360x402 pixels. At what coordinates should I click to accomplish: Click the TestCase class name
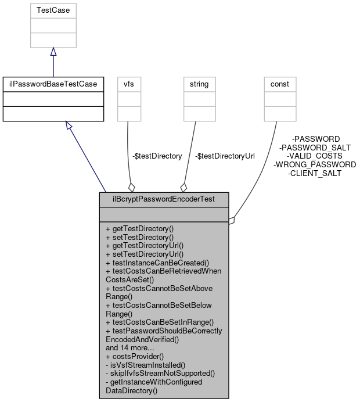click(x=53, y=10)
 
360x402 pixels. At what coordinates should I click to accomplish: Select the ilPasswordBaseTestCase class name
click(x=53, y=84)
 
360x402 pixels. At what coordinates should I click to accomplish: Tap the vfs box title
click(x=128, y=84)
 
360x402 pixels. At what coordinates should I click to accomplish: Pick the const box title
click(x=280, y=84)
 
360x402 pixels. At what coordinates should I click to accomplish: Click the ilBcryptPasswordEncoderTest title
click(x=164, y=199)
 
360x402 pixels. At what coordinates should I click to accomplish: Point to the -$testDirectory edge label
click(x=157, y=156)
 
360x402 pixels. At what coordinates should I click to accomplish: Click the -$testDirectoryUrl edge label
click(x=225, y=156)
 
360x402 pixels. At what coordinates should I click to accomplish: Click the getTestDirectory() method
click(x=139, y=229)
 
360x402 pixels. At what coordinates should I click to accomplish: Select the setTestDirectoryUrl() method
click(x=144, y=254)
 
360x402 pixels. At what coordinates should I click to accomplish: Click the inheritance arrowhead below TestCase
click(x=53, y=52)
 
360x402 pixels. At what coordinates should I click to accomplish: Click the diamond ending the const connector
click(x=232, y=220)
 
